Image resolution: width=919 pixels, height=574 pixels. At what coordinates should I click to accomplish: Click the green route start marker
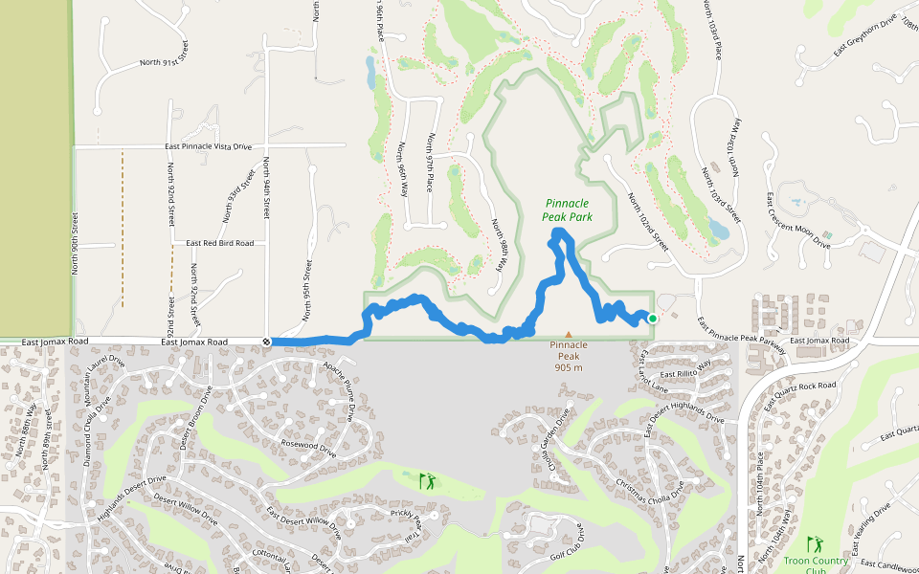coord(652,319)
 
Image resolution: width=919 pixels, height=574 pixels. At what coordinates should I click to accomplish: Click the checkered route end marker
coord(266,342)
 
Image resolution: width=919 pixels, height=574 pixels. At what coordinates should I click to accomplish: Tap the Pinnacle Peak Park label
coord(569,210)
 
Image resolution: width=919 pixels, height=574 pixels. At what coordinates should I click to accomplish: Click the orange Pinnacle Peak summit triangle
coord(569,335)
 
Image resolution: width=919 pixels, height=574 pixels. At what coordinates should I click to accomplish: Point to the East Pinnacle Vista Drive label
coord(208,146)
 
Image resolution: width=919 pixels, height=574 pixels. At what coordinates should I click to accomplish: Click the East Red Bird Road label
coord(220,243)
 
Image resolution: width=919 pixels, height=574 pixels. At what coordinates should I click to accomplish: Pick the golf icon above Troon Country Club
coord(815,543)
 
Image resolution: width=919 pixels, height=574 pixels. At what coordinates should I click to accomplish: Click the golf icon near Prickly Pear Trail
coord(427,480)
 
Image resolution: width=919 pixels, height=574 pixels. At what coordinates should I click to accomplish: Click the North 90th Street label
coord(76,243)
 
